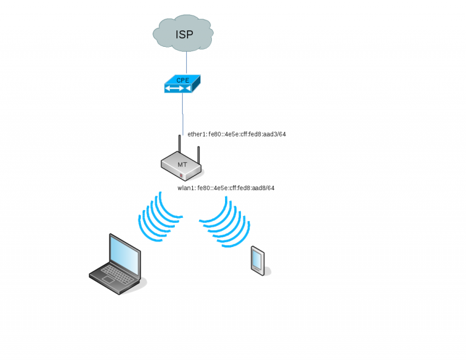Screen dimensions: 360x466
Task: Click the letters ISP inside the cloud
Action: [184, 34]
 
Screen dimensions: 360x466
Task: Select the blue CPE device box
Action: [182, 84]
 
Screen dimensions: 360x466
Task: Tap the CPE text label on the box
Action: [183, 80]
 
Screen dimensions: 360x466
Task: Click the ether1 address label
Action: [236, 134]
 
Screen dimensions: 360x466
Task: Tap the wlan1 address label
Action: [226, 188]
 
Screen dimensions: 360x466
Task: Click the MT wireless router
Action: [182, 165]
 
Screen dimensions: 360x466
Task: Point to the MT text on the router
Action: [182, 165]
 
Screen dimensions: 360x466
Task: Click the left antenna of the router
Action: [180, 146]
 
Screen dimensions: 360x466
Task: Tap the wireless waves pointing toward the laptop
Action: [159, 217]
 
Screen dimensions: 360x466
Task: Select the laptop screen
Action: [124, 253]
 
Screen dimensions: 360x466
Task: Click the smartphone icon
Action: [257, 260]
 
